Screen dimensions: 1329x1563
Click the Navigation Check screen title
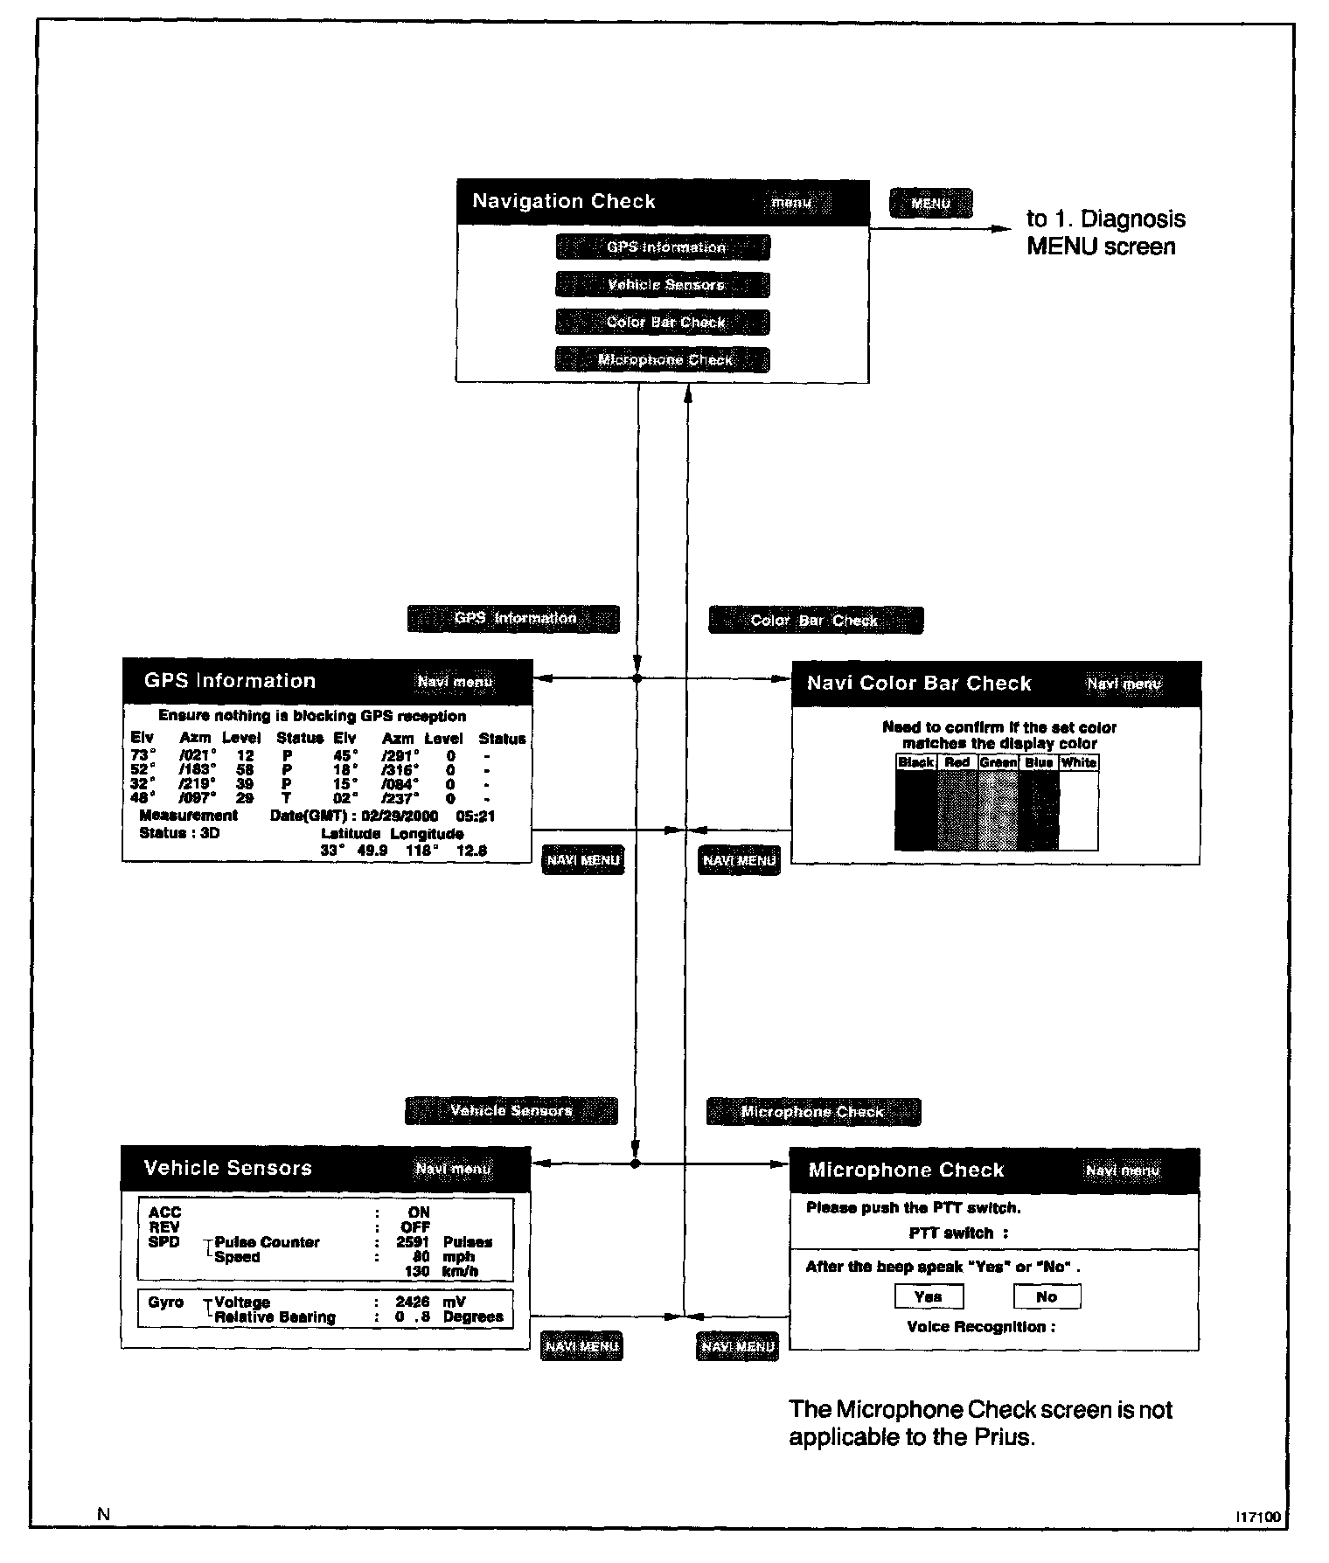(x=563, y=202)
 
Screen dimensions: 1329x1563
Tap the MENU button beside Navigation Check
(x=930, y=204)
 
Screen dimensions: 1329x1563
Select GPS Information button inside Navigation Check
(x=664, y=247)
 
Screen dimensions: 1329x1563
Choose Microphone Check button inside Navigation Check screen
(x=664, y=360)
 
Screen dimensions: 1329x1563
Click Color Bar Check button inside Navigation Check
(x=664, y=323)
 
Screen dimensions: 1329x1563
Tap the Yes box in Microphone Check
(x=929, y=1297)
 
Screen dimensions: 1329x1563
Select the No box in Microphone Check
(x=1047, y=1297)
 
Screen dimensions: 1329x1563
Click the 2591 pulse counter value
(x=413, y=1242)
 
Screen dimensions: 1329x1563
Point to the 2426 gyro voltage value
(x=412, y=1302)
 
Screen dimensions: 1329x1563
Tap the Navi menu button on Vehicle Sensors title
(x=453, y=1170)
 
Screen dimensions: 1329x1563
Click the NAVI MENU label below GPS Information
(x=583, y=861)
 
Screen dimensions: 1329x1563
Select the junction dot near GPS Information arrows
(x=637, y=678)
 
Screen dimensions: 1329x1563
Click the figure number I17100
(x=1258, y=1518)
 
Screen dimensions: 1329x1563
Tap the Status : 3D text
(x=179, y=833)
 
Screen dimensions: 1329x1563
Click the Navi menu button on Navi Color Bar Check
(x=1124, y=684)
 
